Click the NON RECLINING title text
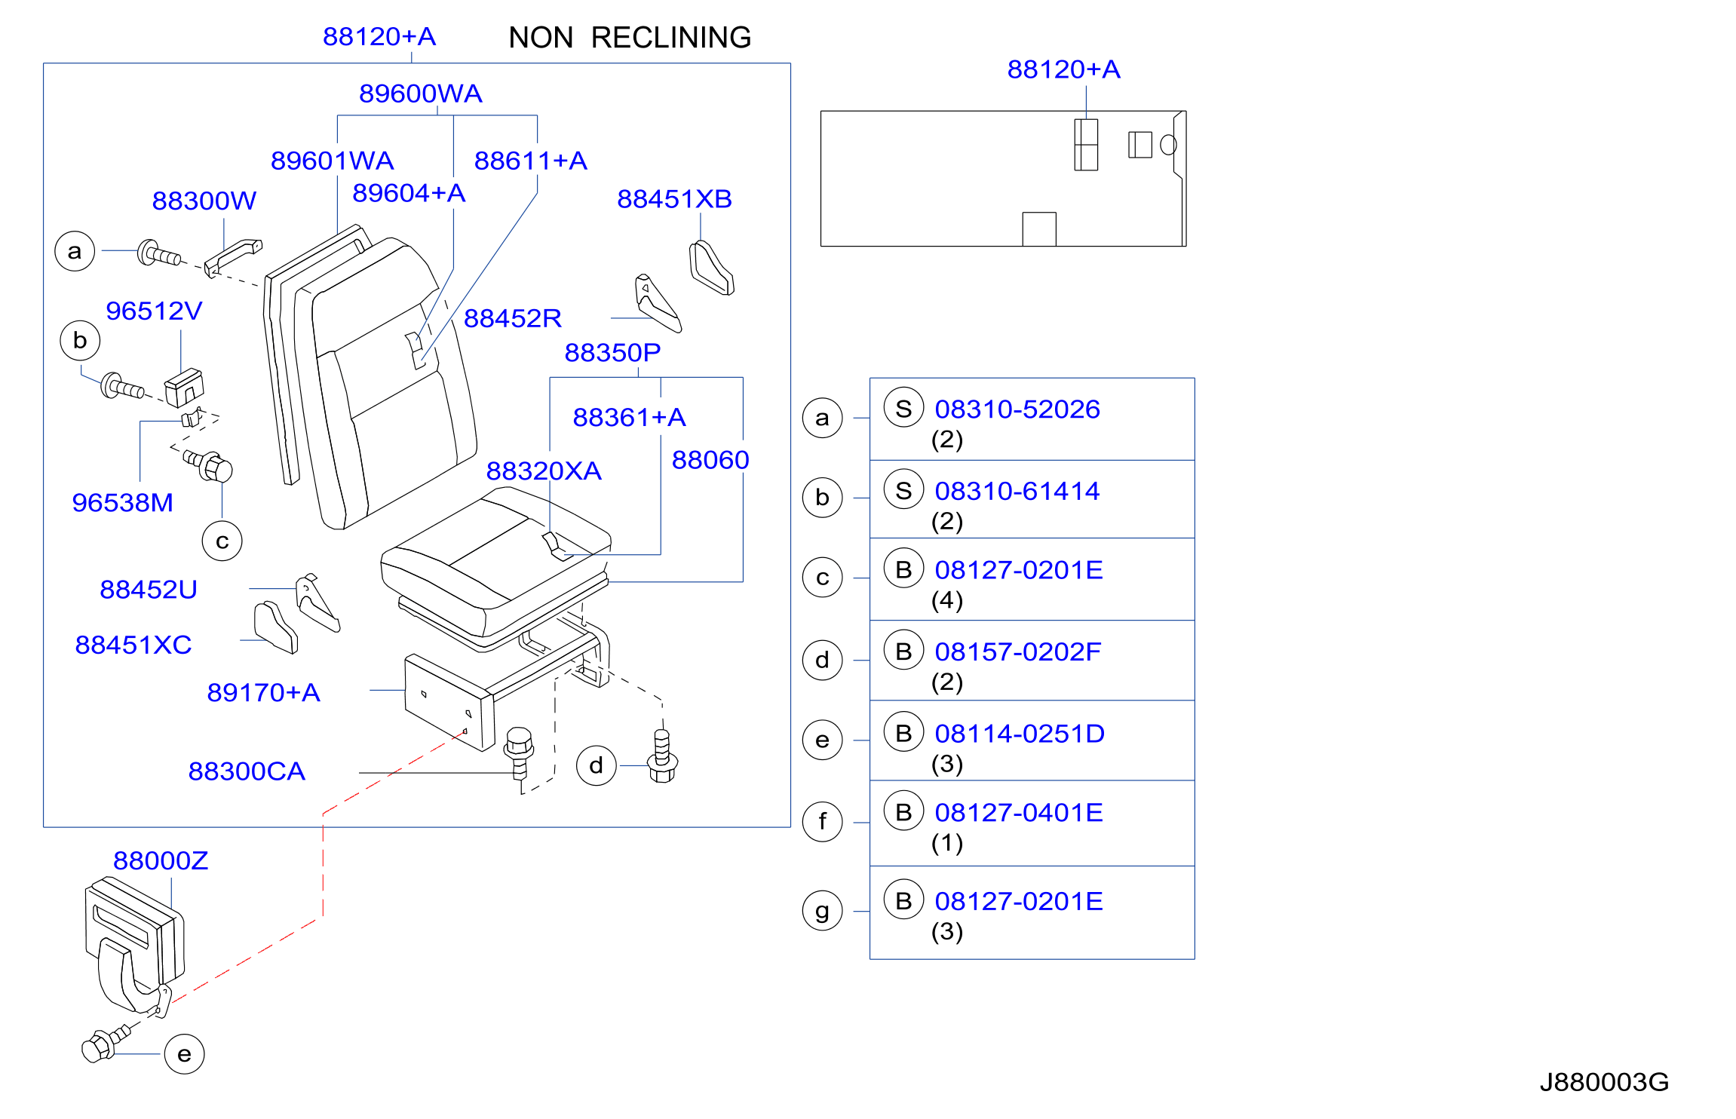[x=630, y=38]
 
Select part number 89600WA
[x=421, y=94]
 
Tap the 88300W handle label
[x=204, y=201]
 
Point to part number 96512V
[x=154, y=311]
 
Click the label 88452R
[x=513, y=318]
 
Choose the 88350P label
[x=612, y=352]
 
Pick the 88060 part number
[x=710, y=460]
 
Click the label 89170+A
[x=264, y=692]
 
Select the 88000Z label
[x=161, y=860]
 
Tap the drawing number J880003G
[x=1604, y=1082]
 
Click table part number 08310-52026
[x=1017, y=409]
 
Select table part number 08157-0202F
[x=1017, y=651]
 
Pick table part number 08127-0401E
[x=1019, y=812]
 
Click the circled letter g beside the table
[x=822, y=911]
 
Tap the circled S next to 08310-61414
[x=903, y=491]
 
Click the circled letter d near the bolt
[x=597, y=765]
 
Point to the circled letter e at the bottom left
[x=184, y=1054]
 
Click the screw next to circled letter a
[x=159, y=254]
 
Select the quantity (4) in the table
[x=947, y=600]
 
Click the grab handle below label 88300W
[x=233, y=257]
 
